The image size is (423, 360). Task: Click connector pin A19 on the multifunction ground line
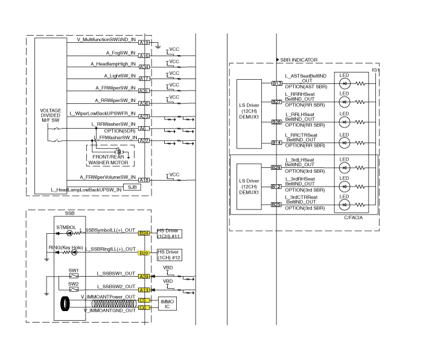click(144, 42)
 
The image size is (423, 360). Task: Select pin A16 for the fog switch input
click(144, 56)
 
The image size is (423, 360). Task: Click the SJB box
click(131, 188)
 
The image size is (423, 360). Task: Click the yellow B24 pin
click(144, 233)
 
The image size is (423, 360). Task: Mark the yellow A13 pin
click(144, 290)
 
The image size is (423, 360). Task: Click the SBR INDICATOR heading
click(299, 60)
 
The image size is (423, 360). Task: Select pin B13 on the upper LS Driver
click(276, 83)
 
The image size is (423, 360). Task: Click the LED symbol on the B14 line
click(345, 143)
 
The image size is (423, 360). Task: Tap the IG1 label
click(375, 71)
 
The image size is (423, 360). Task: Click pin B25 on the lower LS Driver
click(276, 204)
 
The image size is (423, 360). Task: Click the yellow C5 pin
click(144, 300)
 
